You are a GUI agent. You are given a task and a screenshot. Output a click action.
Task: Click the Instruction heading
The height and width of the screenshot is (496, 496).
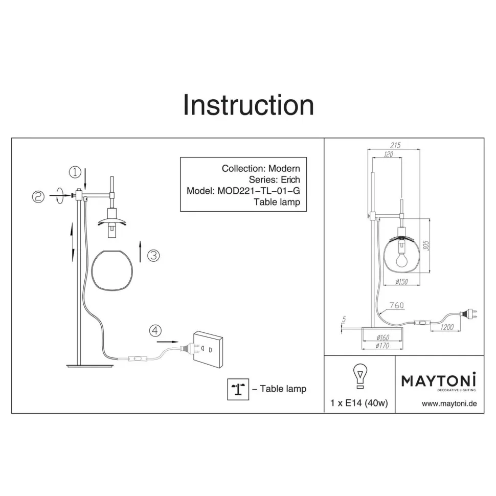click(249, 105)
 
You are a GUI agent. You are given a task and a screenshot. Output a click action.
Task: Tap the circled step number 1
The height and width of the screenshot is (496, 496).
click(75, 172)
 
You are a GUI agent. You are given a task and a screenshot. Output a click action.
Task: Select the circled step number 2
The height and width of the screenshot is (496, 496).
click(38, 197)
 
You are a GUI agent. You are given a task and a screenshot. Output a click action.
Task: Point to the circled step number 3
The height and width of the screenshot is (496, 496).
click(153, 255)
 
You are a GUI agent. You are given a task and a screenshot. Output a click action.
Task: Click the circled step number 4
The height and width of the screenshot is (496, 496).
click(155, 331)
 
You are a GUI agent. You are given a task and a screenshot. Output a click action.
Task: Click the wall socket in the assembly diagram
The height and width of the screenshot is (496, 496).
click(208, 349)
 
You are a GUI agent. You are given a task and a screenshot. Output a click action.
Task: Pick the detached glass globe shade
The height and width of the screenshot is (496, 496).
click(112, 270)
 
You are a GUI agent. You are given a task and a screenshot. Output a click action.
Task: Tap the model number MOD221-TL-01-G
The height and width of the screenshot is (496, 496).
click(258, 191)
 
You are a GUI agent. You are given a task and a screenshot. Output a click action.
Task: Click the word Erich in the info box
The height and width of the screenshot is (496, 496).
click(290, 179)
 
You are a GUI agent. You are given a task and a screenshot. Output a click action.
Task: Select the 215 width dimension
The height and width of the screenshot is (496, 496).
click(395, 145)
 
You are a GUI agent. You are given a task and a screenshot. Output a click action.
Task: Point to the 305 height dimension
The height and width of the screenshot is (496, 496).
click(426, 245)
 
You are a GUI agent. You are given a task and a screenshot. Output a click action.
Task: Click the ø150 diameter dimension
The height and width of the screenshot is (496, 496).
click(401, 282)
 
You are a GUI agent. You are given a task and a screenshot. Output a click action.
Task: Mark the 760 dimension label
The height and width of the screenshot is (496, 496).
click(396, 305)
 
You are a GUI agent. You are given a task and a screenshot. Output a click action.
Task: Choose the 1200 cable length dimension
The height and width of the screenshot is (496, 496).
click(447, 327)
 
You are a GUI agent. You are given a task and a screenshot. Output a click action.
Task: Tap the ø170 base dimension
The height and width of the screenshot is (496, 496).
click(382, 346)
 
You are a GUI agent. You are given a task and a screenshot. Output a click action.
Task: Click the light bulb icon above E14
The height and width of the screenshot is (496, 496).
click(360, 376)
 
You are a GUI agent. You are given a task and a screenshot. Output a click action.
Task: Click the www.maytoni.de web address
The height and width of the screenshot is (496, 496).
click(449, 403)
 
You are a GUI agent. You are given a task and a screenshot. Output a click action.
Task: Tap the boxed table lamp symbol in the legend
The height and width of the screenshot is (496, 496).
click(238, 389)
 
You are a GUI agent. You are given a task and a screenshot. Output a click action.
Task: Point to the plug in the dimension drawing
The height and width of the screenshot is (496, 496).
click(468, 314)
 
